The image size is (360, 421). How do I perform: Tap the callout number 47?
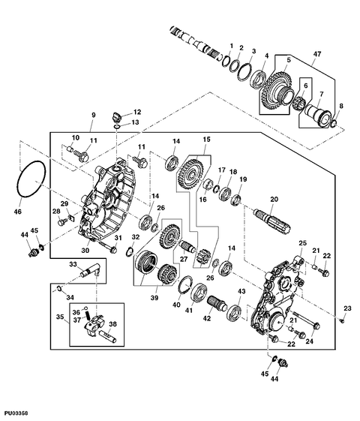[317, 54]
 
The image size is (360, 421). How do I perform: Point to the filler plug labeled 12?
[115, 117]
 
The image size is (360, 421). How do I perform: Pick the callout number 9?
[93, 115]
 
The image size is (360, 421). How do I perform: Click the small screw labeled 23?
[343, 320]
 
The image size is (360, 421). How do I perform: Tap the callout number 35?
[60, 317]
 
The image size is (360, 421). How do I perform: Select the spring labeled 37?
[88, 314]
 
